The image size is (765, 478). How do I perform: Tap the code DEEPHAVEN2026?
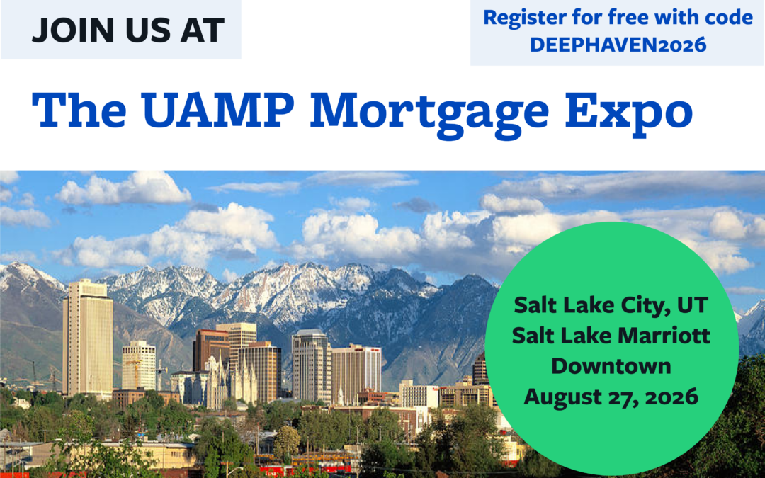(x=618, y=45)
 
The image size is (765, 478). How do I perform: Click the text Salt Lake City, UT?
(x=611, y=306)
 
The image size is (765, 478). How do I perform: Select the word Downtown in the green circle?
(x=611, y=366)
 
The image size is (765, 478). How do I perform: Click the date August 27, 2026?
(x=611, y=397)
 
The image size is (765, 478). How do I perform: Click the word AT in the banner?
(x=202, y=30)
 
